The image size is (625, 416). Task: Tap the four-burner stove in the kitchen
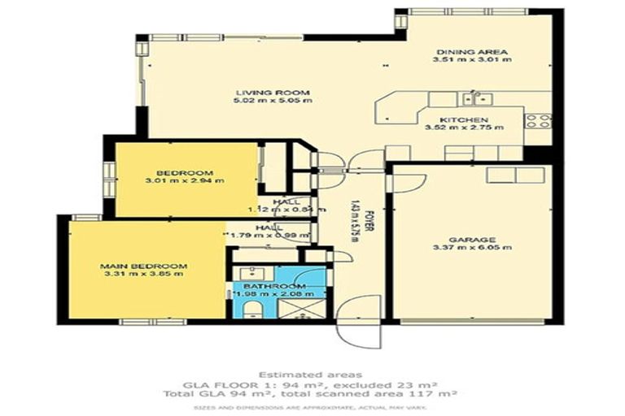click(537, 122)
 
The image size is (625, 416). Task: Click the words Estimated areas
click(312, 375)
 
